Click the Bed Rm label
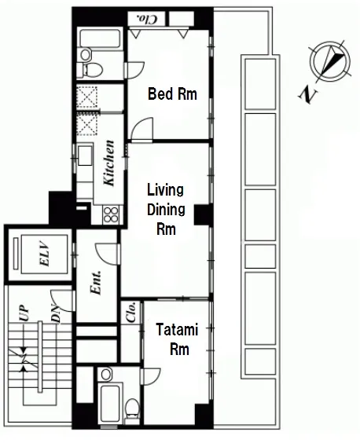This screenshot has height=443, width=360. [x=172, y=94]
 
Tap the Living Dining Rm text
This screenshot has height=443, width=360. [x=166, y=210]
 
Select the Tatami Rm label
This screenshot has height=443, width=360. [x=178, y=339]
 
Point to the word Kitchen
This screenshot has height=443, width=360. [x=109, y=163]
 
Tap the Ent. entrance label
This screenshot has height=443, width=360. [x=96, y=283]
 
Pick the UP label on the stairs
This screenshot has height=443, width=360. [x=25, y=313]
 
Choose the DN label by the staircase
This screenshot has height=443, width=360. [x=57, y=315]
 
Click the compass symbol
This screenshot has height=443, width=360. [x=330, y=61]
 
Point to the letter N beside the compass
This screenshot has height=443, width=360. [x=307, y=94]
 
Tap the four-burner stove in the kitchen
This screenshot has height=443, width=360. [x=111, y=214]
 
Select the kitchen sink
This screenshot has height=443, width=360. [x=85, y=155]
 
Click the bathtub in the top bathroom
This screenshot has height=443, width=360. [x=100, y=38]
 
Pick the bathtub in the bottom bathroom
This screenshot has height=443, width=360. [x=109, y=403]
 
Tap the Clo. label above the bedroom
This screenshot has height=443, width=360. [x=146, y=19]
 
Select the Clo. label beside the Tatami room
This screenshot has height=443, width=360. [x=132, y=313]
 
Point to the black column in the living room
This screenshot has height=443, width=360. [x=203, y=214]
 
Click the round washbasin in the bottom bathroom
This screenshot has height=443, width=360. [x=106, y=375]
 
